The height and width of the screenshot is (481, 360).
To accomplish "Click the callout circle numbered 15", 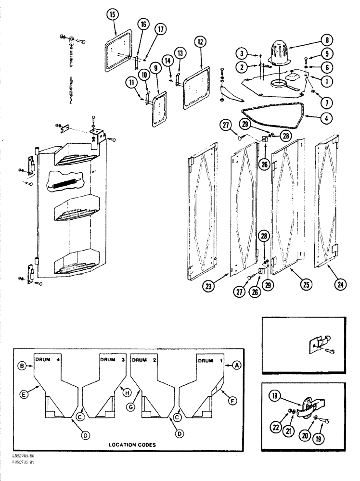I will [112, 16].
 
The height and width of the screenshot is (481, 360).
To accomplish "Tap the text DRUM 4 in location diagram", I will [47, 359].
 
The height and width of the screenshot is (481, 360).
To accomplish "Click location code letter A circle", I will [236, 365].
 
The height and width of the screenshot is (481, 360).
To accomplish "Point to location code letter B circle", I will [23, 365].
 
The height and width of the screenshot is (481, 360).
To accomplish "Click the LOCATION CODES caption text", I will [133, 445].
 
